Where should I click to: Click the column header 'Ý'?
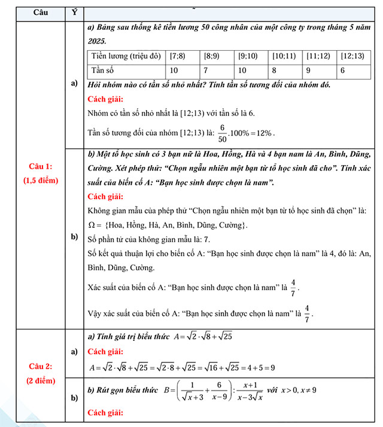tap(74, 12)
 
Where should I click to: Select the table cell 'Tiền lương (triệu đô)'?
tap(125, 56)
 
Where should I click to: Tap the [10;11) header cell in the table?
tap(284, 56)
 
